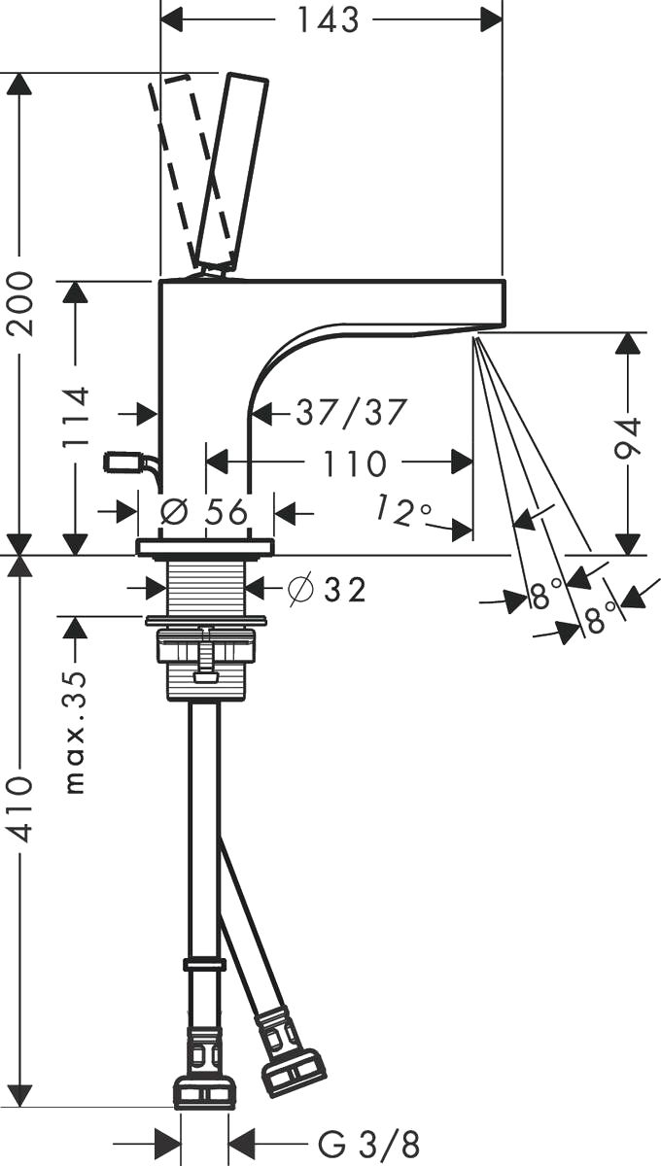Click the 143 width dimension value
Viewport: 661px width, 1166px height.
[328, 19]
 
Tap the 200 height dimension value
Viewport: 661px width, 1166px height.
[20, 303]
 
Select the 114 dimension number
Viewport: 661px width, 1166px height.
[76, 417]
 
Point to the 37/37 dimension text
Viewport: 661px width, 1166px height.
[351, 413]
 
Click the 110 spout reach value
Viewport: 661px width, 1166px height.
[355, 463]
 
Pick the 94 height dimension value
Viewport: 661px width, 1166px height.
[627, 438]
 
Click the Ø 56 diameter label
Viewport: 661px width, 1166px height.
[204, 512]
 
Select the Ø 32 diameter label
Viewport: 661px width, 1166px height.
[328, 590]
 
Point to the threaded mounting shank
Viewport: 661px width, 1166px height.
[207, 588]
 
